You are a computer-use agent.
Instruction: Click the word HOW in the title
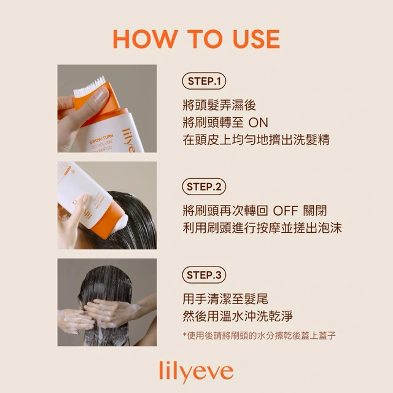coord(146,39)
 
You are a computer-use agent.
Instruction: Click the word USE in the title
coord(256,39)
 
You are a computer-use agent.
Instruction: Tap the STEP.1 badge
coord(204,81)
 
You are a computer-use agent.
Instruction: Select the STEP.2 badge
coord(204,187)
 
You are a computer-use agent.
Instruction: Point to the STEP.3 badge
coord(204,275)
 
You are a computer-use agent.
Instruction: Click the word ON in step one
coord(259,123)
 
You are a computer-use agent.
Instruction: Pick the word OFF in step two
coord(286,211)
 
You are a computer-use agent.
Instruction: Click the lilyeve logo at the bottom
coord(196,372)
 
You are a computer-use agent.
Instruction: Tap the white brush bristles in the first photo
coord(90,87)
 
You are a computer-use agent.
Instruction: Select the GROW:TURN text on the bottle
coord(101,139)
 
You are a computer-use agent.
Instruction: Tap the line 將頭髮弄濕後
coord(219,105)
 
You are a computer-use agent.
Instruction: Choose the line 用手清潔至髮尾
coord(225,299)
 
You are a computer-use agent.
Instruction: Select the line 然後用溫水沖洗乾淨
coord(238,316)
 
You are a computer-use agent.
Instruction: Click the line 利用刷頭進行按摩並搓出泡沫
coord(262,228)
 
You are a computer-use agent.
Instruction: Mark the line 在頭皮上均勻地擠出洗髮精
coord(256,140)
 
